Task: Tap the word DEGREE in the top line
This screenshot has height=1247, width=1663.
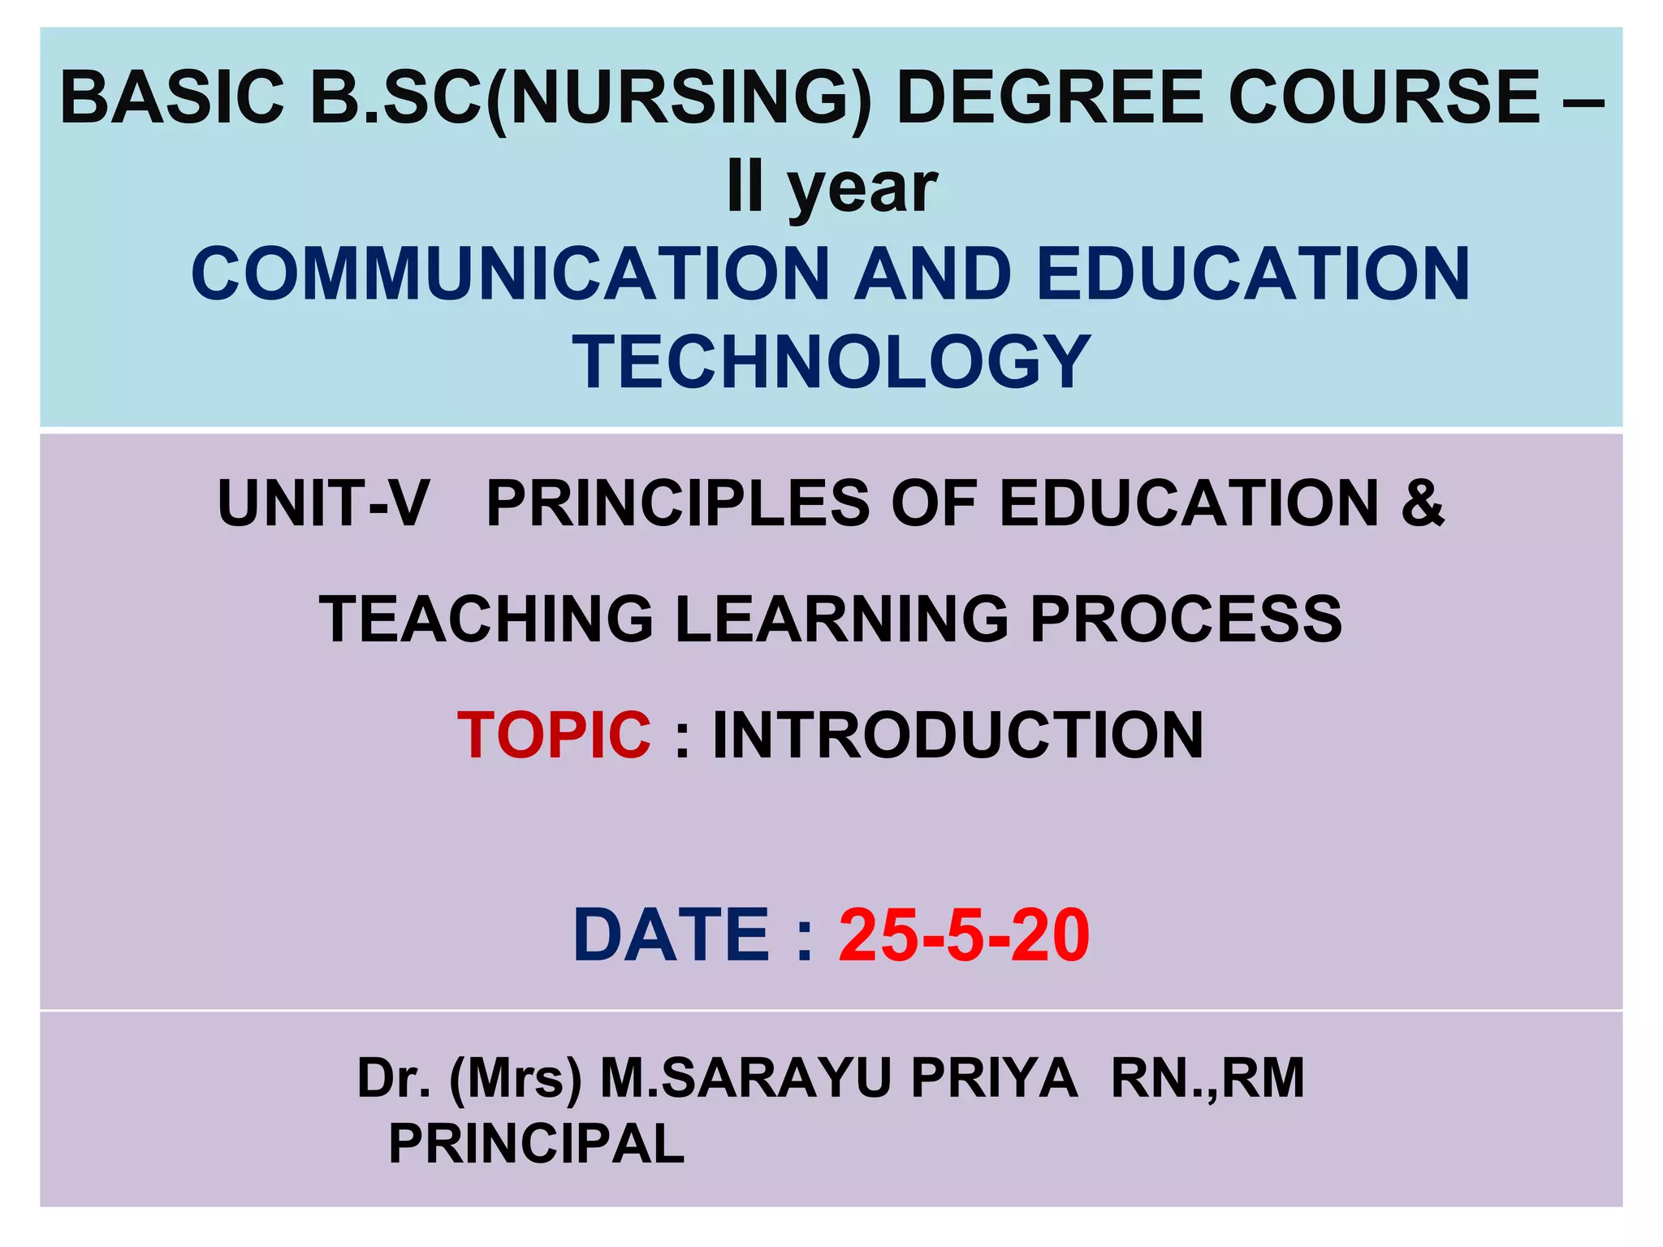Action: point(1049,97)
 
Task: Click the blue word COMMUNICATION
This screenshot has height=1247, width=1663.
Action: point(510,274)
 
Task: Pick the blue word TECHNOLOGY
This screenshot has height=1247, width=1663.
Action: point(831,362)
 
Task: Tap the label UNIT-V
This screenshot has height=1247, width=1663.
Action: point(323,504)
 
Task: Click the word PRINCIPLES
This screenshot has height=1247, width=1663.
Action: point(678,504)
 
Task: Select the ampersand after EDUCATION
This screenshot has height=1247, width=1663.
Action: point(1423,504)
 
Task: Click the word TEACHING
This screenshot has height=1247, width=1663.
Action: point(486,619)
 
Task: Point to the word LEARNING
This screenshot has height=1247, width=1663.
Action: point(841,619)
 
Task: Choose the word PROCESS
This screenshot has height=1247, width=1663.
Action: point(1186,619)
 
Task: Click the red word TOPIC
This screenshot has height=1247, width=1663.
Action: point(554,736)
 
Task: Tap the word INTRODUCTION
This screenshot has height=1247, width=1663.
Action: point(958,736)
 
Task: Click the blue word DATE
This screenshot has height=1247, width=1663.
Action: point(671,936)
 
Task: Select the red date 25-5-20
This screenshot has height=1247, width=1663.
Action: point(964,936)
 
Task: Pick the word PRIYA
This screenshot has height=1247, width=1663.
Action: point(994,1078)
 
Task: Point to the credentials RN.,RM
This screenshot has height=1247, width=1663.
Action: point(1207,1078)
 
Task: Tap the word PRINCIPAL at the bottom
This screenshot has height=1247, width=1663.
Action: point(537,1144)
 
